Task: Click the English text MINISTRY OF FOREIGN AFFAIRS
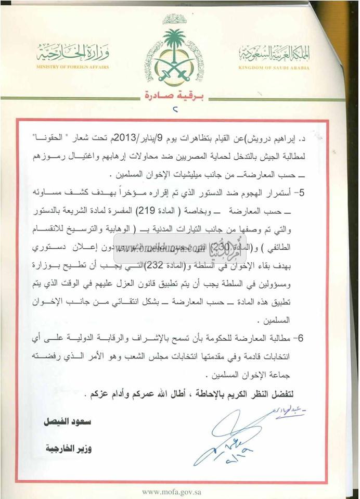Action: [73, 67]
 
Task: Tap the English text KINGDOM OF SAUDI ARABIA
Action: [274, 68]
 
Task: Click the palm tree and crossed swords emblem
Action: [174, 56]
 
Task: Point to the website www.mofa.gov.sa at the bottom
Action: [173, 491]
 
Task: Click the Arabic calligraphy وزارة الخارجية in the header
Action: [73, 53]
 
